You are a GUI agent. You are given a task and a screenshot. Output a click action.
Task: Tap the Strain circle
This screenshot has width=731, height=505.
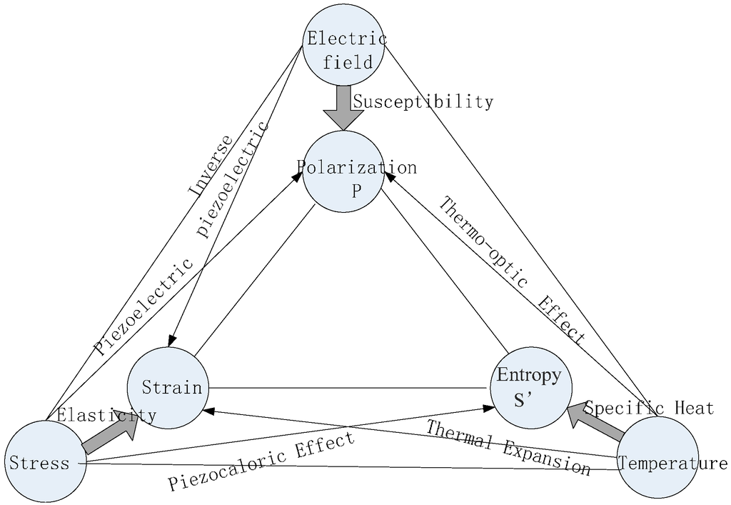click(168, 388)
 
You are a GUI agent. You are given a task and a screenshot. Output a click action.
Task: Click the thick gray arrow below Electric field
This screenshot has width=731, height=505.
click(342, 108)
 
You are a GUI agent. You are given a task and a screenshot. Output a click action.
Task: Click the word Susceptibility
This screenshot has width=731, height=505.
click(423, 101)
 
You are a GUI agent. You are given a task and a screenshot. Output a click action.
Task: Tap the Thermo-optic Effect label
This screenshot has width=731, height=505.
click(511, 271)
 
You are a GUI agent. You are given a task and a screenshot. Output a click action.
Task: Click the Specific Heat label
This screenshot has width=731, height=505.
click(649, 408)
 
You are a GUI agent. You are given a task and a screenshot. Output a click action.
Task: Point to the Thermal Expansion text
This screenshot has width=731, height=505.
click(508, 448)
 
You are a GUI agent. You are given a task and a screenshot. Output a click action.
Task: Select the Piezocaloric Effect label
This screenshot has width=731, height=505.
click(261, 462)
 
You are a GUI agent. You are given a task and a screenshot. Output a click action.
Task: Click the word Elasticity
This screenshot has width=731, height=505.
click(106, 415)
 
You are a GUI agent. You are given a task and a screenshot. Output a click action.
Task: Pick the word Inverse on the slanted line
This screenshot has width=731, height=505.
click(210, 166)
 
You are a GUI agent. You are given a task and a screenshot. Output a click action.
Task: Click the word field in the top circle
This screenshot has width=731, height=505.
click(348, 62)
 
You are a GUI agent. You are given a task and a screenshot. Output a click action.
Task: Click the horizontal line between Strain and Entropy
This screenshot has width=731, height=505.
click(350, 388)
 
